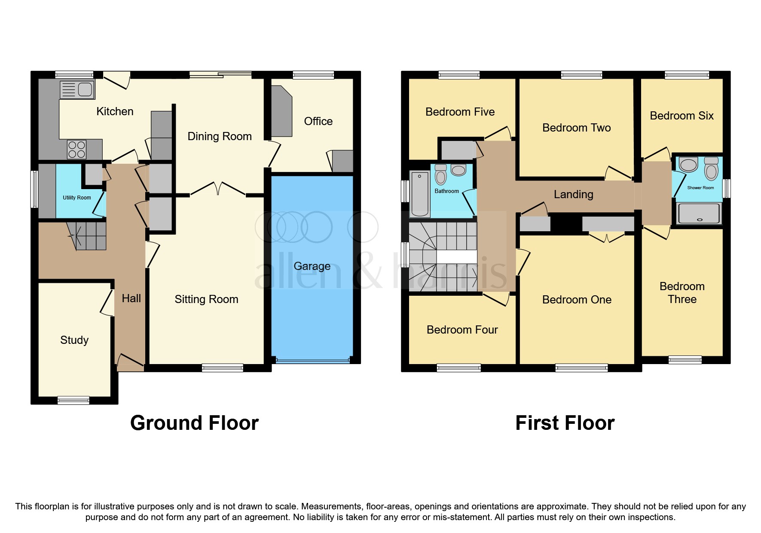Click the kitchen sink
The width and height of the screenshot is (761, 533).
click(77, 90)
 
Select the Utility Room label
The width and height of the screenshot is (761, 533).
click(77, 198)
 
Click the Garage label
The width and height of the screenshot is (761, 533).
click(312, 266)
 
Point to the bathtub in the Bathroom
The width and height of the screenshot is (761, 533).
click(420, 194)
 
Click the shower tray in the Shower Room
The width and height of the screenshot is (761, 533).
click(699, 213)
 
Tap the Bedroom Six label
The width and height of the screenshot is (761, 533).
click(682, 116)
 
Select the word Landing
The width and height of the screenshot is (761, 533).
click(573, 194)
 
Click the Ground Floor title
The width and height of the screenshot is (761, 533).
click(194, 423)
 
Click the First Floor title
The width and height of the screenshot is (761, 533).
click(565, 423)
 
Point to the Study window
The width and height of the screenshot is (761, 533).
click(73, 401)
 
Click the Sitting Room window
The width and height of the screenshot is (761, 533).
click(223, 368)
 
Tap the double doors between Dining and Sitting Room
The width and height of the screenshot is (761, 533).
click(218, 188)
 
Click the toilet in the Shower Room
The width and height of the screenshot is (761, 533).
click(711, 168)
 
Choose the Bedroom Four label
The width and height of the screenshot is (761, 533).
click(462, 330)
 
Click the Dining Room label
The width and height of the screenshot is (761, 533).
click(220, 136)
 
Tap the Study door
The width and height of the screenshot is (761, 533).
click(107, 303)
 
